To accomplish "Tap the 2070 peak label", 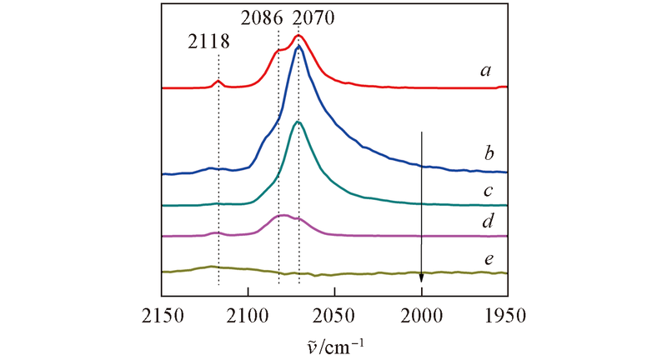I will click(x=313, y=16).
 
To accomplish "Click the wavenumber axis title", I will click(x=334, y=343).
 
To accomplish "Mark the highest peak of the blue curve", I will click(x=298, y=47).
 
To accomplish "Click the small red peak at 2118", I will click(x=218, y=81).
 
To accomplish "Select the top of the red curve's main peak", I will click(x=299, y=36).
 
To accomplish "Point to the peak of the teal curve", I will click(x=298, y=122).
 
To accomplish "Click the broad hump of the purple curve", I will click(x=283, y=215).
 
